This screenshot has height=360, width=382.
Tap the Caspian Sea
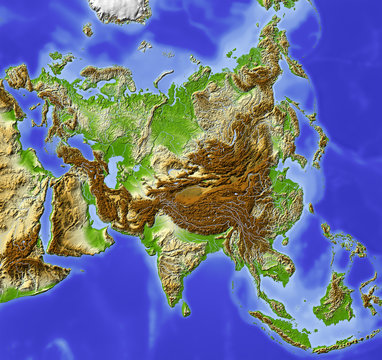pyautogui.click(x=112, y=170)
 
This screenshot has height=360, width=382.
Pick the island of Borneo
pyautogui.click(x=334, y=300)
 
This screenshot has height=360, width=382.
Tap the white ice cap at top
pyautogui.click(x=120, y=10)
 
